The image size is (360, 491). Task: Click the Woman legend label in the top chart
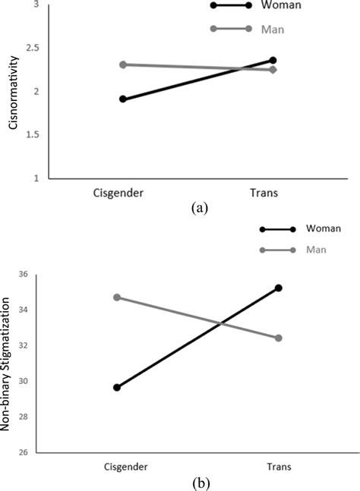(286, 5)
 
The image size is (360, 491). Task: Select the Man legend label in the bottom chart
(315, 250)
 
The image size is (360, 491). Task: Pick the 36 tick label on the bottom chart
(22, 275)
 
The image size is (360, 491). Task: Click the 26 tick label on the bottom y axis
(22, 453)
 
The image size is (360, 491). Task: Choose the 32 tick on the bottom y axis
(22, 346)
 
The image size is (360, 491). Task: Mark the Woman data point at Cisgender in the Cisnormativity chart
(123, 99)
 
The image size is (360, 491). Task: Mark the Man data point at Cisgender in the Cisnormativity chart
(123, 65)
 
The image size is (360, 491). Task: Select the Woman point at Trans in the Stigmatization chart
(279, 288)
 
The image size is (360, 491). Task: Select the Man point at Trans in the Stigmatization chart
(279, 338)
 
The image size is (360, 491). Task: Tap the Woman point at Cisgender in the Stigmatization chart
(117, 387)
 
